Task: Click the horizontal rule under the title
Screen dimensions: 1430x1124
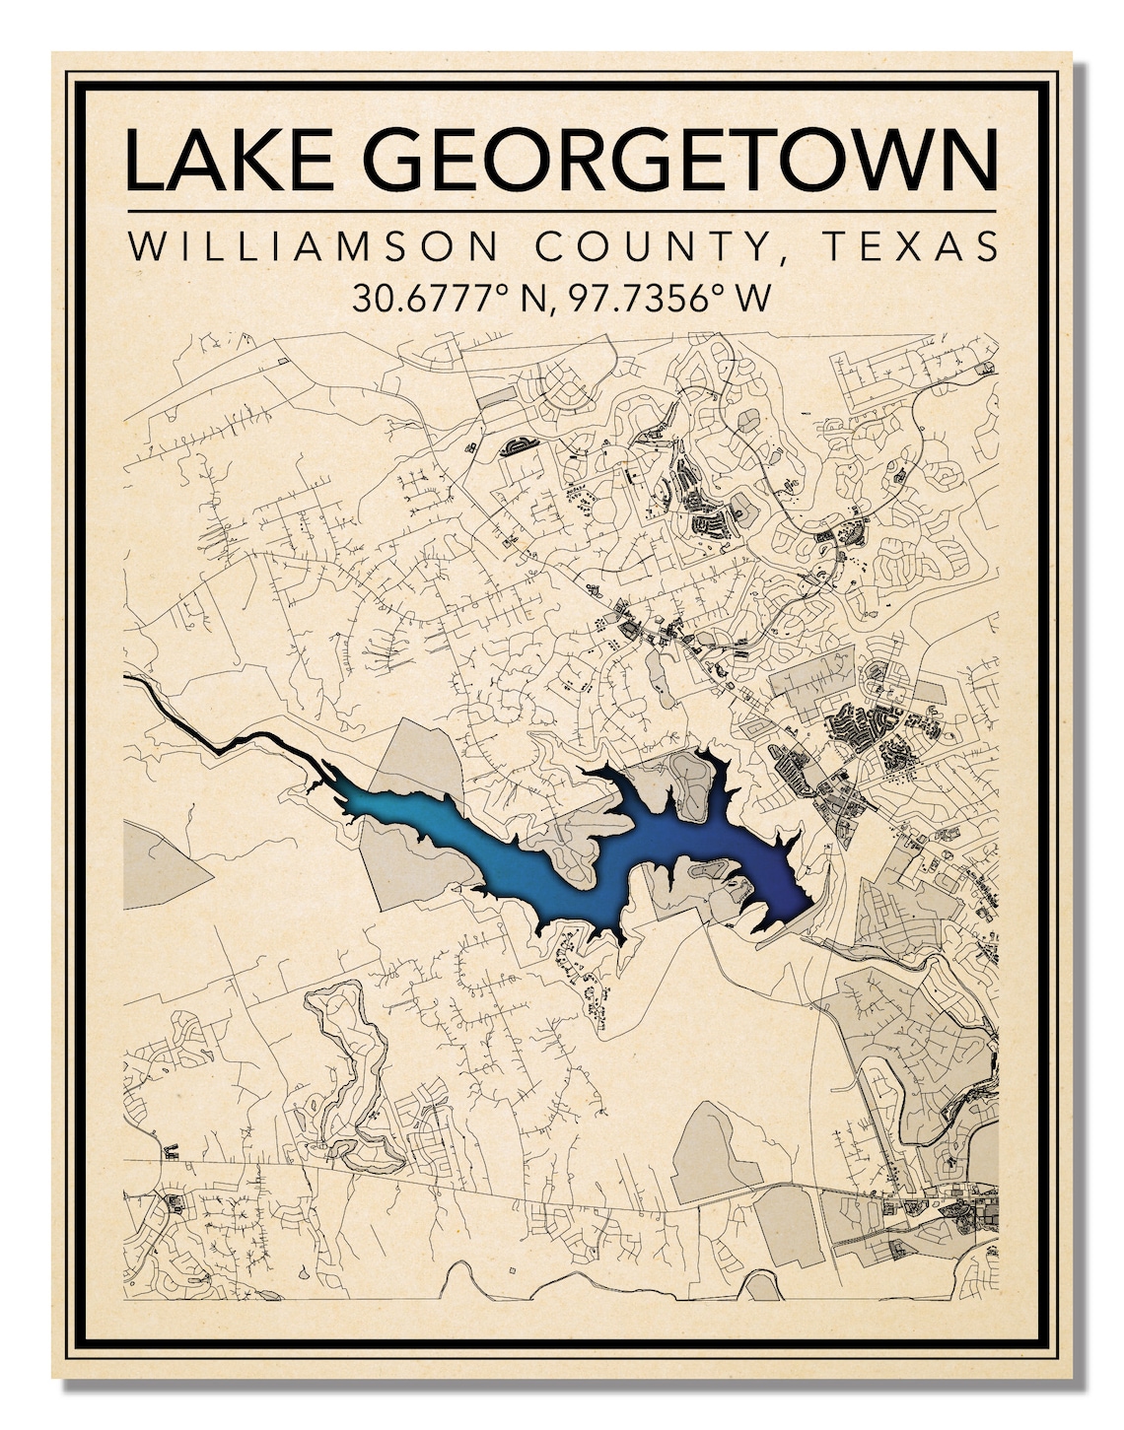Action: pos(561,211)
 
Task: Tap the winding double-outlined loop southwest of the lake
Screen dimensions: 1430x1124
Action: pos(345,1074)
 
